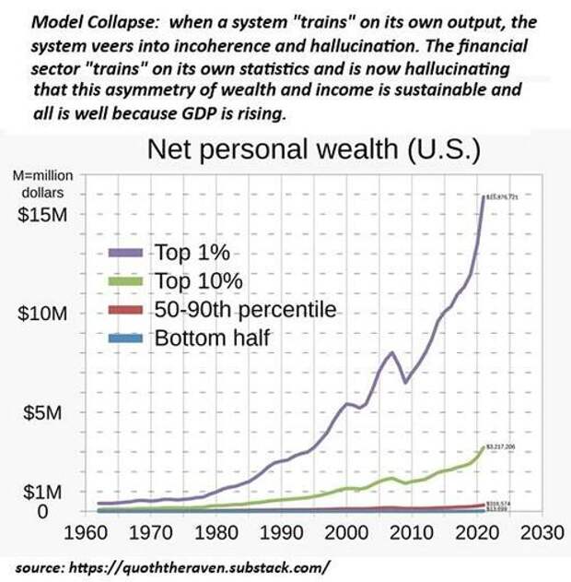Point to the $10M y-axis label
pos(45,314)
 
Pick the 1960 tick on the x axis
pos(95,533)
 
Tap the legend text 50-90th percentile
pos(246,309)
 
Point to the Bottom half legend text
pos(212,338)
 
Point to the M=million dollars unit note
pos(42,184)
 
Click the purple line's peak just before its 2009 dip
pos(392,352)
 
